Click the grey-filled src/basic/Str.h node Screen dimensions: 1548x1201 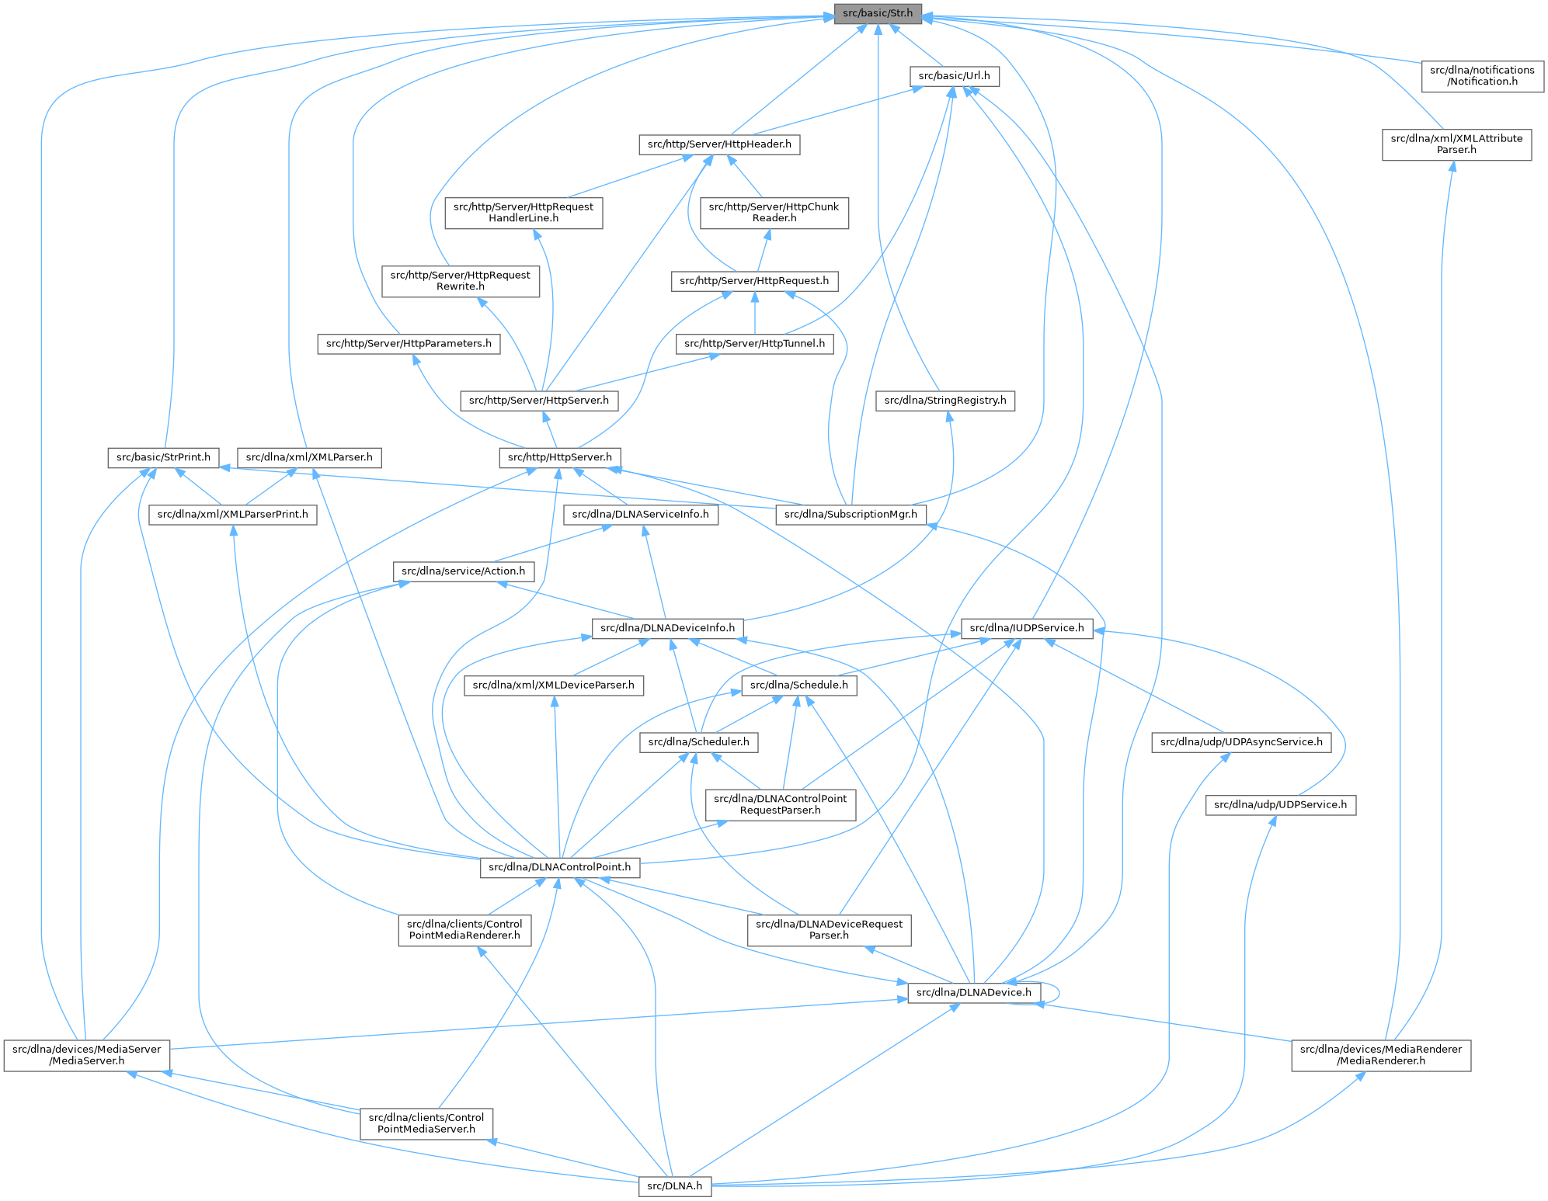(878, 13)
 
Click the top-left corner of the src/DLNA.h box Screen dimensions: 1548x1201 (639, 1177)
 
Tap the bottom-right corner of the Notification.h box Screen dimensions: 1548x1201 (1543, 92)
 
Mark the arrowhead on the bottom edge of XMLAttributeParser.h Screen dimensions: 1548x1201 (1452, 166)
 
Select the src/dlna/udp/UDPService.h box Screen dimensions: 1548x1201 (1281, 805)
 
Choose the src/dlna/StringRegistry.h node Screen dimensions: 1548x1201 (945, 401)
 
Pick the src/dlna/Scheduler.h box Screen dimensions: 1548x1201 (698, 743)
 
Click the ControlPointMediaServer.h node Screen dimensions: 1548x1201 (426, 1123)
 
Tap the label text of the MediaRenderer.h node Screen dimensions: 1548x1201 (1381, 1055)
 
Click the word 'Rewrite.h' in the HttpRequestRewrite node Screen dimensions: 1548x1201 (461, 286)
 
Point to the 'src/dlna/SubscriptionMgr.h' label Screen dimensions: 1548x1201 (852, 514)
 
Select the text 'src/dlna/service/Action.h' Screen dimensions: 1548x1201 (463, 571)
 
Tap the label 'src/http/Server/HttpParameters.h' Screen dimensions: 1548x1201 (409, 343)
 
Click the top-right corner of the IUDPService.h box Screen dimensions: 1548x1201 (1093, 619)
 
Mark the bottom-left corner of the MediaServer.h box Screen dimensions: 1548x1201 (4, 1071)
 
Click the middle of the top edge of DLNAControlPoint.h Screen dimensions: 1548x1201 (559, 857)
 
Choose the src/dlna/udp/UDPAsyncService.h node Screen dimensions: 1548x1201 (1241, 743)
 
